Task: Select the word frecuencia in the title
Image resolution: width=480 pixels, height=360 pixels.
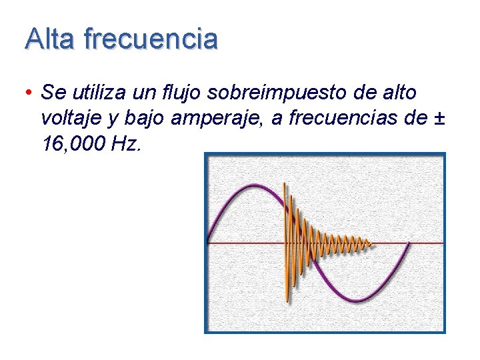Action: (151, 39)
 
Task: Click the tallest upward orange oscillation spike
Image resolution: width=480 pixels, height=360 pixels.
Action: (285, 184)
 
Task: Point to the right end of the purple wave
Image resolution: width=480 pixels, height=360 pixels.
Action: (408, 243)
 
